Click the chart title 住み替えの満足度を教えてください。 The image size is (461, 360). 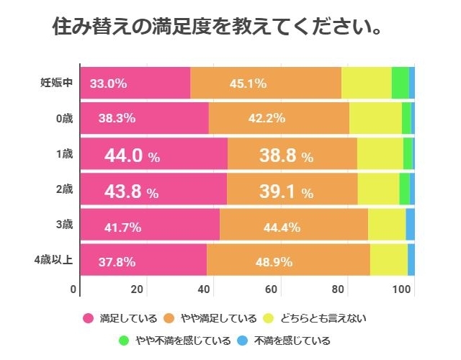coord(217,28)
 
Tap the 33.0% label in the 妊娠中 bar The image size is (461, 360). coord(108,84)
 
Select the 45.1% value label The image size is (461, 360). coord(249,84)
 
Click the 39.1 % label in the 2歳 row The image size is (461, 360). coord(286,192)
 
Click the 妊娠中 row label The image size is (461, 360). coord(56,83)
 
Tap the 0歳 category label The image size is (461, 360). coord(64,118)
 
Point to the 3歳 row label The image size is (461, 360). coord(64,225)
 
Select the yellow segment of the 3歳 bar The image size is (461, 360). coord(386,225)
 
